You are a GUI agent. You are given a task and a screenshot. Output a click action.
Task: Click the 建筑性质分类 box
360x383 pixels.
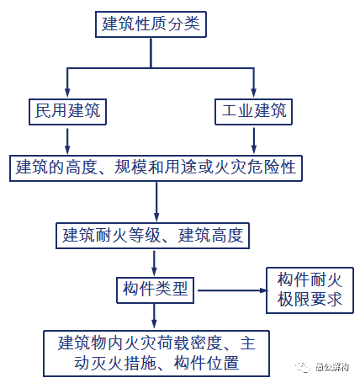click(x=151, y=24)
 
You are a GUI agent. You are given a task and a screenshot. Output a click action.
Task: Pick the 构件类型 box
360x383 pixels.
click(x=155, y=290)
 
